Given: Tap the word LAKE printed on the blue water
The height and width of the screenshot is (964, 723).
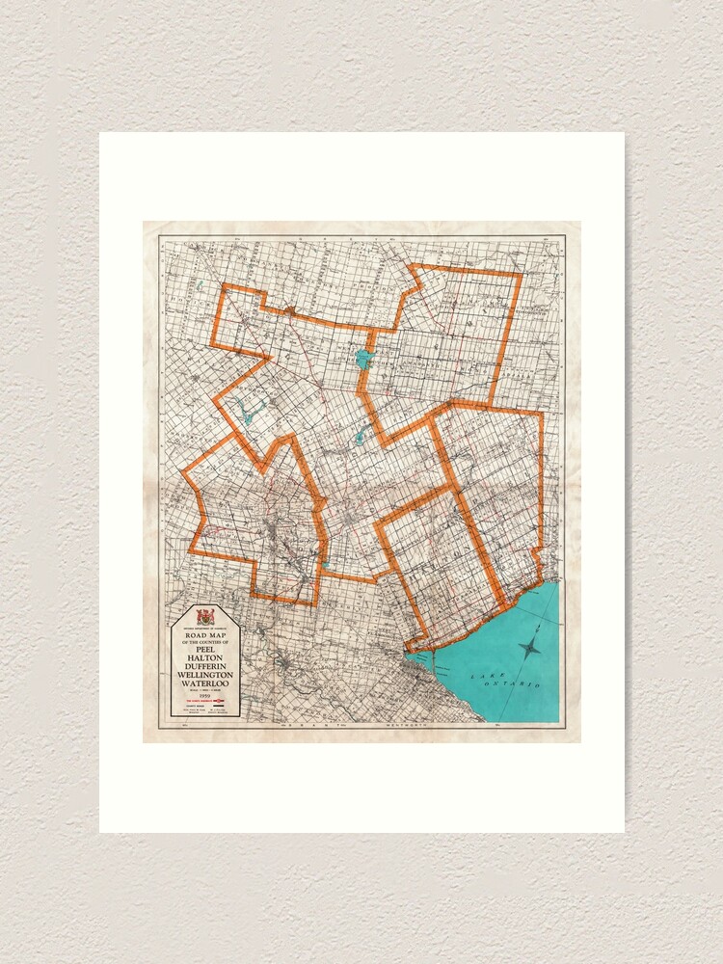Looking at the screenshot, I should (482, 678).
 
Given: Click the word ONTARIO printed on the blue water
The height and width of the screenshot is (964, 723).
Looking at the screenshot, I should (521, 683).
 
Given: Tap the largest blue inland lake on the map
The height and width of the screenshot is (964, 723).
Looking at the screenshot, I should (363, 360).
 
